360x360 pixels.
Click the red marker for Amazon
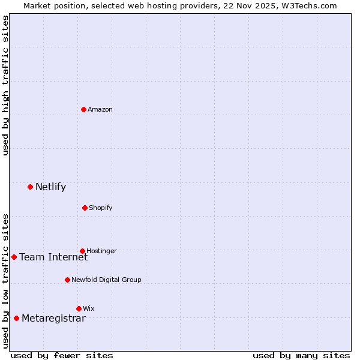click(x=83, y=109)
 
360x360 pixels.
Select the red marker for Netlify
click(x=30, y=187)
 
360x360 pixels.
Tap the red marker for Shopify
click(x=85, y=208)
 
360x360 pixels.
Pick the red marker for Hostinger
click(x=82, y=251)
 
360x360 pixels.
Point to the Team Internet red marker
click(x=14, y=257)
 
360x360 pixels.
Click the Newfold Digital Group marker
click(x=67, y=280)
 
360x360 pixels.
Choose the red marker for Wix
click(x=79, y=308)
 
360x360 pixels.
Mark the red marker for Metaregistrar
click(x=16, y=318)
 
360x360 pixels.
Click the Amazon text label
click(x=100, y=109)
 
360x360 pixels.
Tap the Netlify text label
click(x=50, y=187)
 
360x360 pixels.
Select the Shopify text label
click(x=101, y=208)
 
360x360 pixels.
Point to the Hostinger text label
click(x=101, y=251)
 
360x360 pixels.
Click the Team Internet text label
click(x=53, y=257)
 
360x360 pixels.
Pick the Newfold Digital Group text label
click(x=106, y=280)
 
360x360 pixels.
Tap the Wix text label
click(x=89, y=308)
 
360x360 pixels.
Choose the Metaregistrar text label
click(x=53, y=318)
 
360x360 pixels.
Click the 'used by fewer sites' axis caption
click(x=62, y=355)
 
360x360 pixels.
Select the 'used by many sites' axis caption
click(x=301, y=355)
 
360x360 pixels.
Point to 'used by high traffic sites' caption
click(x=5, y=85)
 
